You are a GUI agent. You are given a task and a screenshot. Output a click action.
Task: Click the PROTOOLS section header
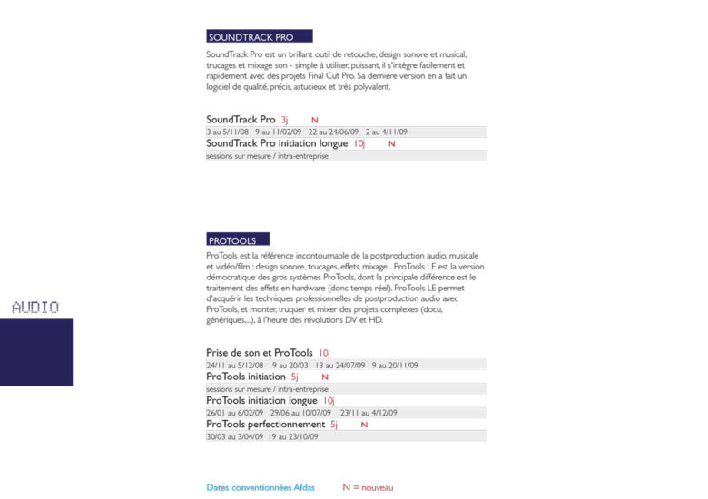click(233, 240)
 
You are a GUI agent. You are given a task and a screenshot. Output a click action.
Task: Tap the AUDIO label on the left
click(35, 308)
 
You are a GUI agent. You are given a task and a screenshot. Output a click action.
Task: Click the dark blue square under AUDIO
click(35, 352)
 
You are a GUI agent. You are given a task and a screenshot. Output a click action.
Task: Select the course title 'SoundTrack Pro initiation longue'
click(277, 143)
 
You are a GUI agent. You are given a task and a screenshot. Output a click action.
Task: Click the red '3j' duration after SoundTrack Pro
click(284, 120)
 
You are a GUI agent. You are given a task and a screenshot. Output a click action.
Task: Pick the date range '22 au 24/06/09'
click(333, 132)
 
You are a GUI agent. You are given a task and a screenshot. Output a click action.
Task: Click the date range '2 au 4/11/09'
click(387, 132)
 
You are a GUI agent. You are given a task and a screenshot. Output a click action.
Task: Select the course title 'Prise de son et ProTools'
click(260, 353)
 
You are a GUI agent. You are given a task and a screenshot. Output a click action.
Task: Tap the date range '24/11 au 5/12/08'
click(235, 366)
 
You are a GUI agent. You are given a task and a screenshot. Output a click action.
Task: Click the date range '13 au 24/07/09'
click(339, 366)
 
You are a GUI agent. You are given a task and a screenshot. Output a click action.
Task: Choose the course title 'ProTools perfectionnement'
click(265, 425)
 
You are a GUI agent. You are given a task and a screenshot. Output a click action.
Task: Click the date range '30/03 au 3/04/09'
click(234, 436)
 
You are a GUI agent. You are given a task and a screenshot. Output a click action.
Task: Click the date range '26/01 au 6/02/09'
click(234, 413)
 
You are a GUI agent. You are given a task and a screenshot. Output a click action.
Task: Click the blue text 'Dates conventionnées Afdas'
click(261, 488)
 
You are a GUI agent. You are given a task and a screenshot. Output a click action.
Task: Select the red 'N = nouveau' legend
click(368, 488)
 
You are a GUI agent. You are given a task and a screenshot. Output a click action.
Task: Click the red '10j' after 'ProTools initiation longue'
click(329, 401)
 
